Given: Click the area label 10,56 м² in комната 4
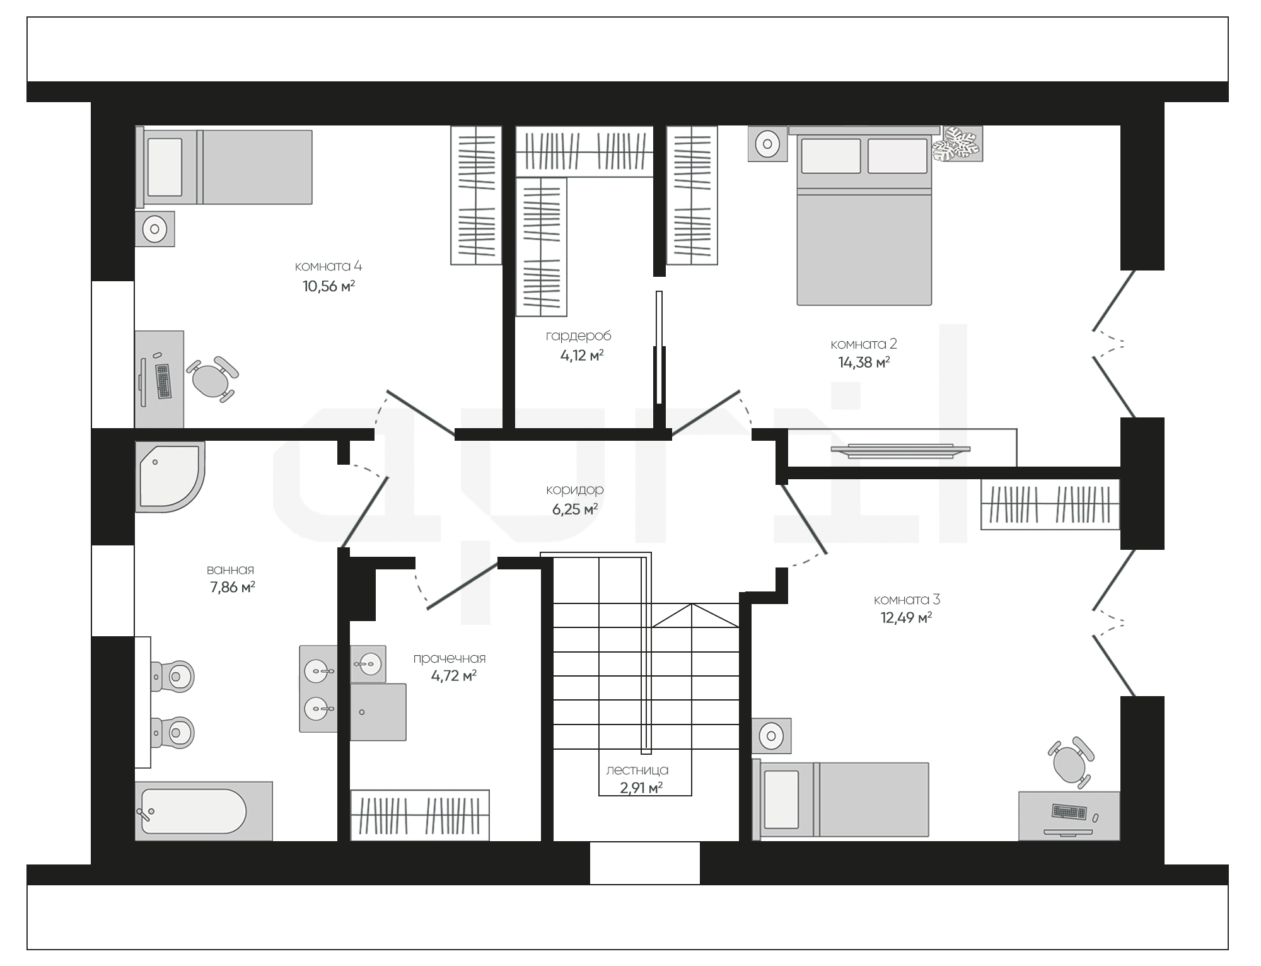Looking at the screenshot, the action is coord(328,286).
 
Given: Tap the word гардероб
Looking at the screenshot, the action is coord(578,336).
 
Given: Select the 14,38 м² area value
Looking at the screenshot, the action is coord(864,362).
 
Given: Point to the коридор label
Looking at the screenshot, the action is coord(574,489).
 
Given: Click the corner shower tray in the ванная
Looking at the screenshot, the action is coord(169,476).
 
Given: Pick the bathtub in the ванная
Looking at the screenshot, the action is coord(203,811).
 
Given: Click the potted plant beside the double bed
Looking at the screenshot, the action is coord(958,144).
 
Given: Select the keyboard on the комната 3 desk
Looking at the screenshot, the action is coord(1069,811).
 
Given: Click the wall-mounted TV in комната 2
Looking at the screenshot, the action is coord(900,449).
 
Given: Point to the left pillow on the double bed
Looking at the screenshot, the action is coord(831,156).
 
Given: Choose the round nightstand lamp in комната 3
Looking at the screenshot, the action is coord(771,735).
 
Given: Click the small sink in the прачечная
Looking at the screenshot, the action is coord(368,663).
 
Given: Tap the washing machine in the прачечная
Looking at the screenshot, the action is coord(378,712).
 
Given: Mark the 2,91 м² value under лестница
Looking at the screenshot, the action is coord(641,788).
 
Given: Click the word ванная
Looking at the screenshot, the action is coord(231,570).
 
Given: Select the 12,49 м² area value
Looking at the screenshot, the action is coord(907,617).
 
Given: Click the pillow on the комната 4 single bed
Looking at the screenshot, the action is coord(165,167).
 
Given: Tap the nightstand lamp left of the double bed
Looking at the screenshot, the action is coord(767,144).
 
